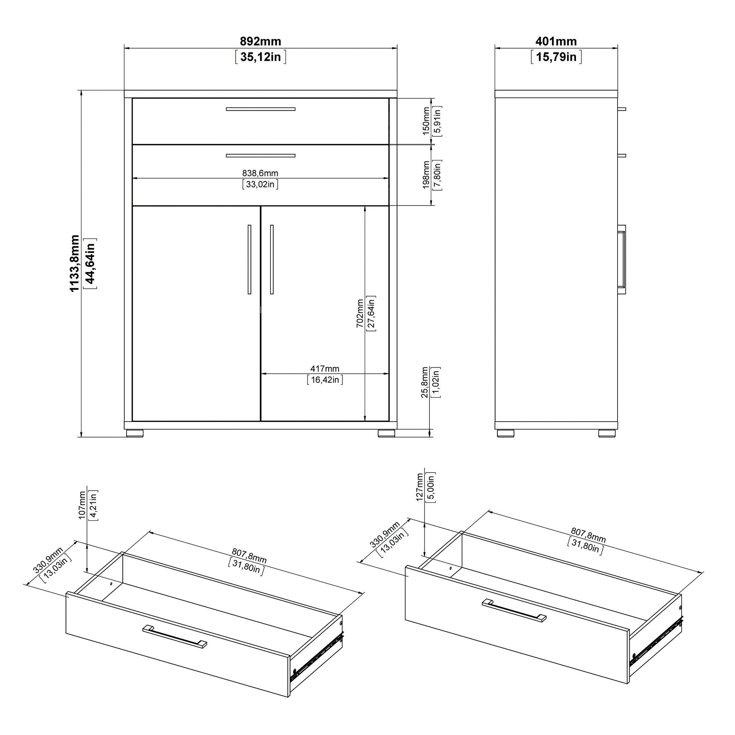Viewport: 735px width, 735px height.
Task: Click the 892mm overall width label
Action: (x=261, y=41)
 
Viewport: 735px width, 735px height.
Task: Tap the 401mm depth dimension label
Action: (x=556, y=41)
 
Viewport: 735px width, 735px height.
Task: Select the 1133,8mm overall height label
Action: (x=74, y=264)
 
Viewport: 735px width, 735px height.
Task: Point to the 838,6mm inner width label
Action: (x=260, y=173)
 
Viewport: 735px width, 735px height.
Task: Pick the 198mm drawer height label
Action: (x=426, y=174)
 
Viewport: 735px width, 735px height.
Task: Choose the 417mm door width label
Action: (x=325, y=369)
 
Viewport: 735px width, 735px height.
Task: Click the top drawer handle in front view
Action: (x=261, y=109)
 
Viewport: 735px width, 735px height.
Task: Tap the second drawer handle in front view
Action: (x=261, y=156)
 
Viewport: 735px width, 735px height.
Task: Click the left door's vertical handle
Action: (x=249, y=259)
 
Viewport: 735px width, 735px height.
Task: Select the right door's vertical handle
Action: (x=272, y=259)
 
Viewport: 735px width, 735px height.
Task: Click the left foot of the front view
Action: (x=134, y=433)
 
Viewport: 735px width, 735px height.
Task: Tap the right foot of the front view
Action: (x=386, y=433)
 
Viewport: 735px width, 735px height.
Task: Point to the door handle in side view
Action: (x=622, y=259)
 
